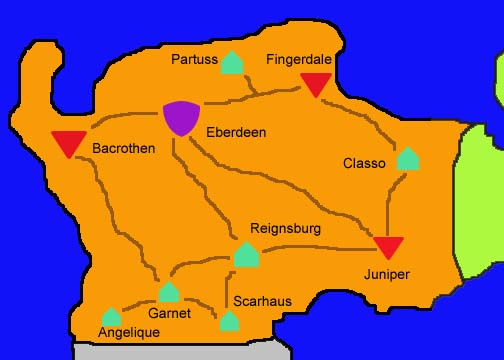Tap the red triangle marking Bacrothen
(68, 144)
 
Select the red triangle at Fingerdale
(316, 84)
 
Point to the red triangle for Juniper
(388, 247)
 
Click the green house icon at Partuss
(232, 62)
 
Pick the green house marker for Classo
(407, 158)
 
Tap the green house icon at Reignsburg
(246, 255)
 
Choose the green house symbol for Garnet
(169, 292)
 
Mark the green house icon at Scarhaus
(229, 321)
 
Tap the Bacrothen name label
(121, 148)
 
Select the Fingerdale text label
(299, 60)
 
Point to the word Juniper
(386, 273)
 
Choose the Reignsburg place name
(285, 229)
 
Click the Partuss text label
(194, 60)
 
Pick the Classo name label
(364, 163)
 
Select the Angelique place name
(129, 333)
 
